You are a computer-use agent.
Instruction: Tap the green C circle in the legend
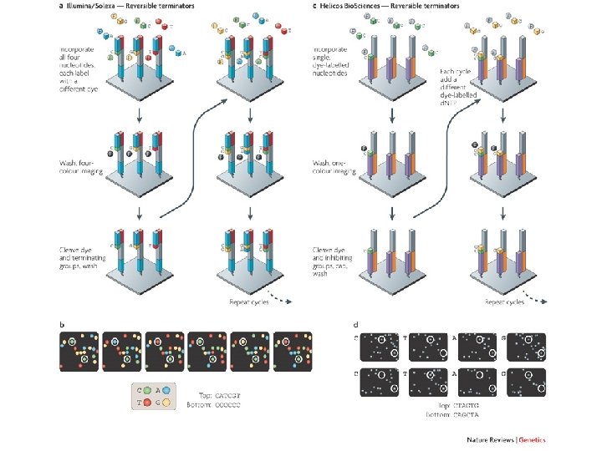147,391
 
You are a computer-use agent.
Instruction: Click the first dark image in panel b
79,351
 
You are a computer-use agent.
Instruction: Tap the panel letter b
60,323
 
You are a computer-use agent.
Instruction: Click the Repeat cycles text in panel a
249,302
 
